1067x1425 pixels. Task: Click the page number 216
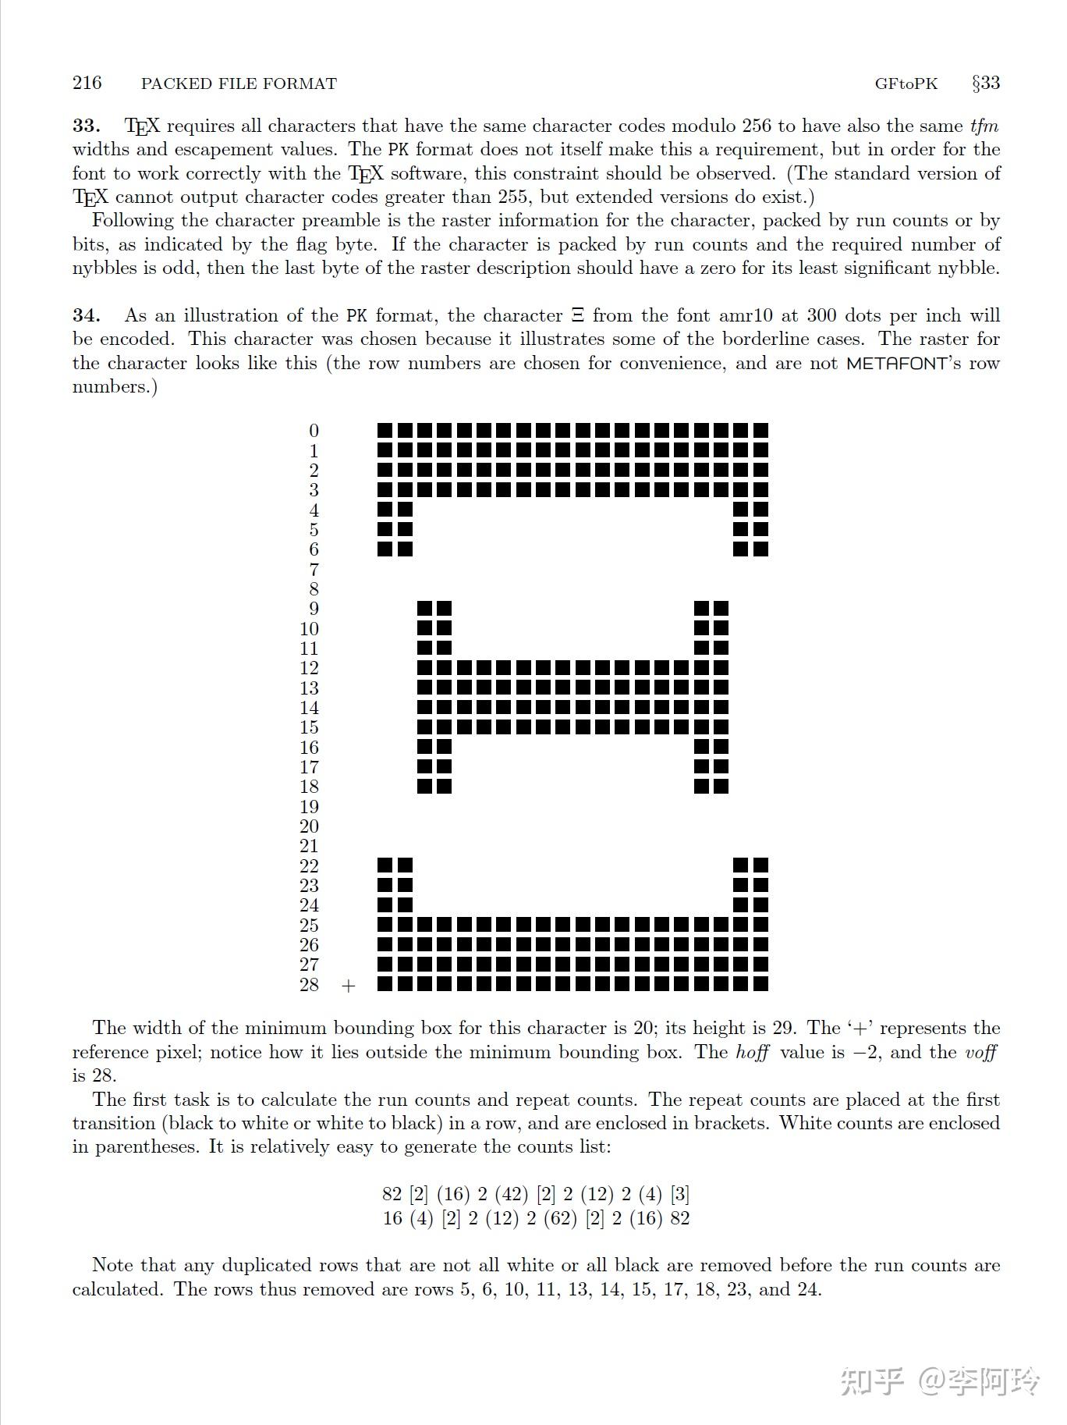pos(87,83)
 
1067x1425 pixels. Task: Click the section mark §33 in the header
pos(985,83)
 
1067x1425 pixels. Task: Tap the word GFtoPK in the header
pos(906,84)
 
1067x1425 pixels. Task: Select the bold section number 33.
pos(86,126)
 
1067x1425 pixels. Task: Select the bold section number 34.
pos(86,315)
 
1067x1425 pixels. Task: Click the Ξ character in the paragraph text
pos(577,315)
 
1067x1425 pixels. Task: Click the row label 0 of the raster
pos(314,431)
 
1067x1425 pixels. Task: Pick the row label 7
pos(314,570)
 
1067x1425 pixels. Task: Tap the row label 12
pos(309,668)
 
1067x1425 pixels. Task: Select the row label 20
pos(309,826)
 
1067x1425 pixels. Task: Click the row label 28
pos(309,985)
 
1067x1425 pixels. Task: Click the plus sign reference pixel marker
pos(348,986)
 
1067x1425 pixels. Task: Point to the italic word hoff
pos(752,1052)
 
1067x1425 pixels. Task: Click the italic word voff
pos(980,1052)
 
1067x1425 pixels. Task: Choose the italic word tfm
pos(984,126)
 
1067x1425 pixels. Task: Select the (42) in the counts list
pos(511,1194)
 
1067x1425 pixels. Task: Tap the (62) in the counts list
pos(559,1218)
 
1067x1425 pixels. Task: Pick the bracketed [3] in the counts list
pos(680,1194)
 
